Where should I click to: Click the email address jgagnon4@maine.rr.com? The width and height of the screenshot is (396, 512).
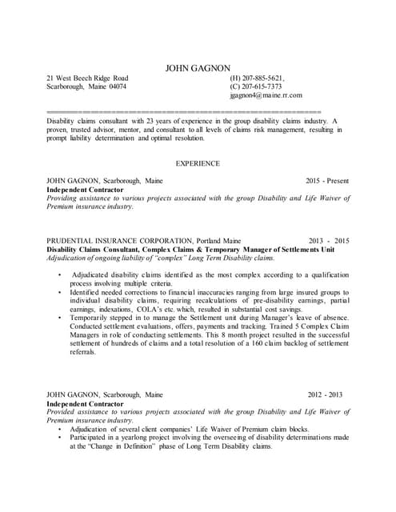tap(266, 95)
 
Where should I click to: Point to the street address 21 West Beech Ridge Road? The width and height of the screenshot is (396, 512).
tap(87, 78)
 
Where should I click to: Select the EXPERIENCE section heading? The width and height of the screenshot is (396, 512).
tap(198, 163)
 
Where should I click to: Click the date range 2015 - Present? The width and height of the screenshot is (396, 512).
tap(327, 182)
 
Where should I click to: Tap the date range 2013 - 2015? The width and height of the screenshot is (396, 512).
tap(329, 241)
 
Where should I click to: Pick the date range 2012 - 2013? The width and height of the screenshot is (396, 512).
tap(325, 394)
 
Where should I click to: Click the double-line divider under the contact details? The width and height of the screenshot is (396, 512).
tap(184, 109)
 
